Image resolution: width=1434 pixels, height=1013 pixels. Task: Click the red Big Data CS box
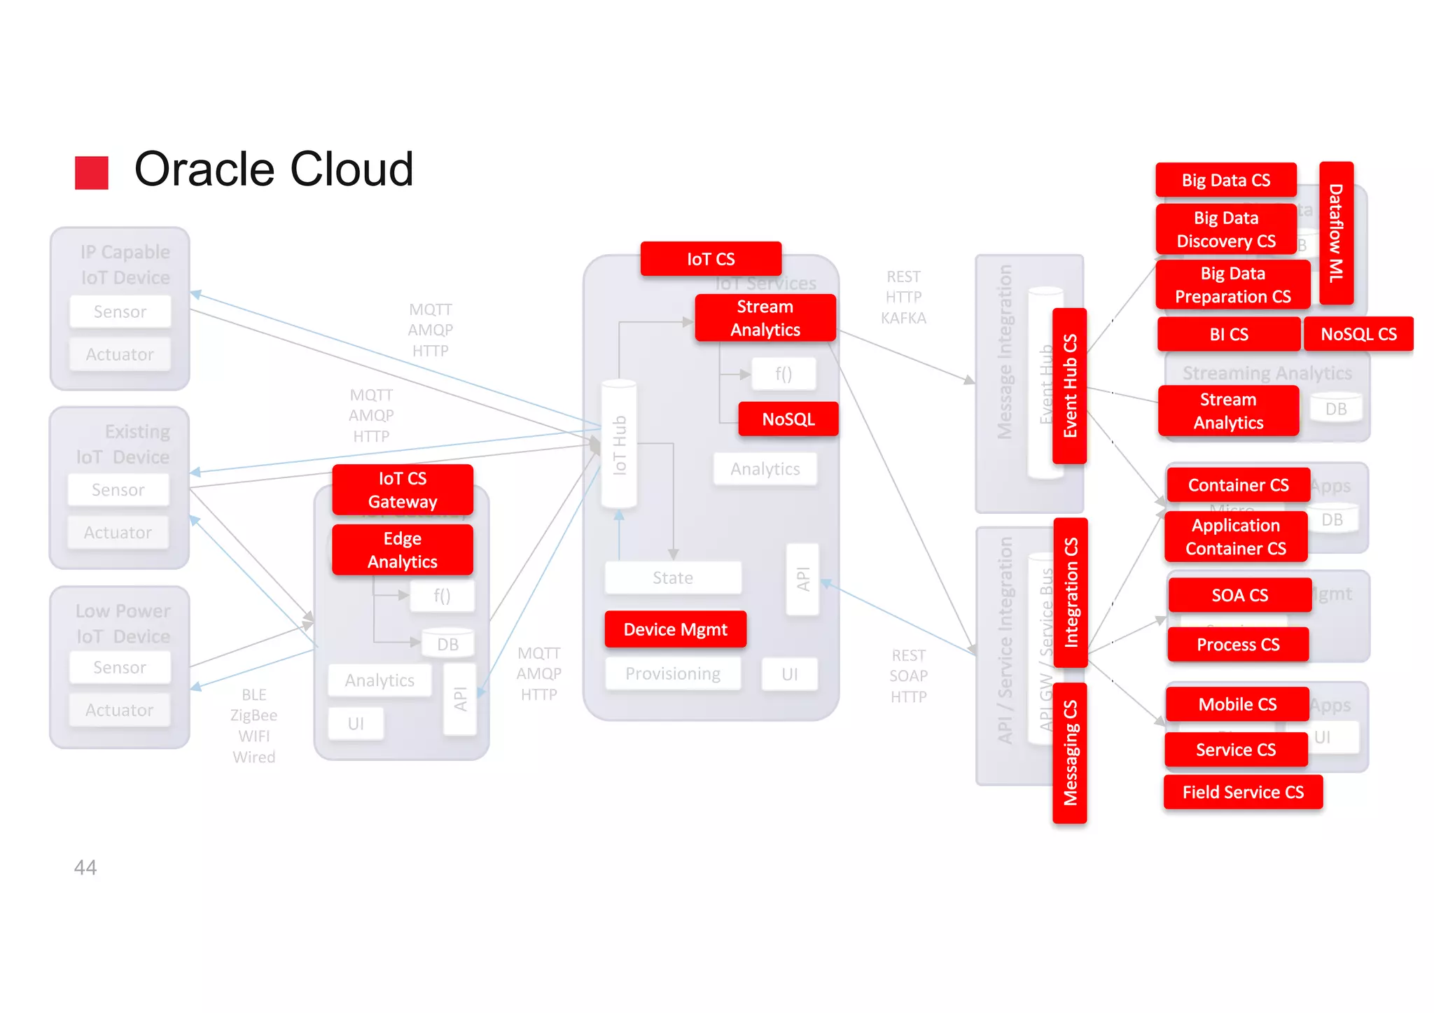coord(1225,180)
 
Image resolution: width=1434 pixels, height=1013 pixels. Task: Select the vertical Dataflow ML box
coord(1336,233)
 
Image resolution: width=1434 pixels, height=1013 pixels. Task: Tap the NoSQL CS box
coord(1358,334)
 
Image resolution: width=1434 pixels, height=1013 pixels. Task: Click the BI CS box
coord(1229,334)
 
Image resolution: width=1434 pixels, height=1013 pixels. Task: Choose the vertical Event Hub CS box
coord(1070,386)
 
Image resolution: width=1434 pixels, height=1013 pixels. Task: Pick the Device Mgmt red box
coord(675,629)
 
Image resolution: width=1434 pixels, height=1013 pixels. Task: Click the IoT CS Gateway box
coord(403,489)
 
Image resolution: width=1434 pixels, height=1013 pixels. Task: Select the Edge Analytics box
coord(403,550)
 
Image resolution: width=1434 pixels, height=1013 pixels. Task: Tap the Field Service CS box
coord(1243,792)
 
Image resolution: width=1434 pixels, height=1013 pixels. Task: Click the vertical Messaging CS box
coord(1070,753)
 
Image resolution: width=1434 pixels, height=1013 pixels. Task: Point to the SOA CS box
coord(1239,595)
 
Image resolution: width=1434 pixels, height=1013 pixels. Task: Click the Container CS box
coord(1238,485)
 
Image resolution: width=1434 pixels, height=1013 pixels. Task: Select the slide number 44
coord(85,867)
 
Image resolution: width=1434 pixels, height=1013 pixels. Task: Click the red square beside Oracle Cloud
coord(92,172)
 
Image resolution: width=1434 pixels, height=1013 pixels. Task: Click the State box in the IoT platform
coord(672,578)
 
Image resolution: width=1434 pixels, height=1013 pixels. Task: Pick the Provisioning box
coord(672,673)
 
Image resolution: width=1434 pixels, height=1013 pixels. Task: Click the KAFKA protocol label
coord(903,318)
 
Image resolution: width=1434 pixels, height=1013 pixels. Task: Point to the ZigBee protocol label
coord(253,715)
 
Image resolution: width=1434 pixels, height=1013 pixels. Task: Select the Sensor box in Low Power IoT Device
coord(120,667)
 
